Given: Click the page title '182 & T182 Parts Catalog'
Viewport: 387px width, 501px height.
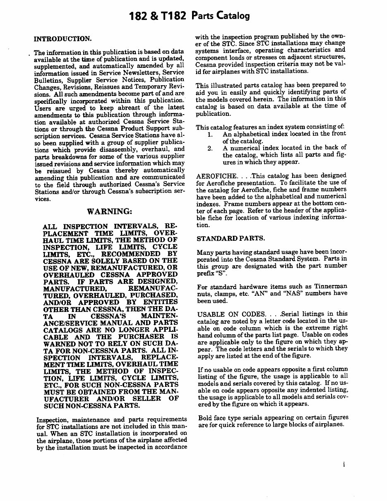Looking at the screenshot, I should [190, 16].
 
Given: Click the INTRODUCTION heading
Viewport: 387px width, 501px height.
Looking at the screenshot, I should [62, 39].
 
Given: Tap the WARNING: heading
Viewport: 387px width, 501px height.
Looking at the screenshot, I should [110, 211].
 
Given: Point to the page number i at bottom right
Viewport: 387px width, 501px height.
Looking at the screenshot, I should [344, 464].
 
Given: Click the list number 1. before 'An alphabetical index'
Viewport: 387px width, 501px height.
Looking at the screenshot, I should [210, 134].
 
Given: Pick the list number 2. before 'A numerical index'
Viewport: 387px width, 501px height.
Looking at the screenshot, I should [210, 148].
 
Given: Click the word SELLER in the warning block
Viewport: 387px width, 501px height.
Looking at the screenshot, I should [144, 399].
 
